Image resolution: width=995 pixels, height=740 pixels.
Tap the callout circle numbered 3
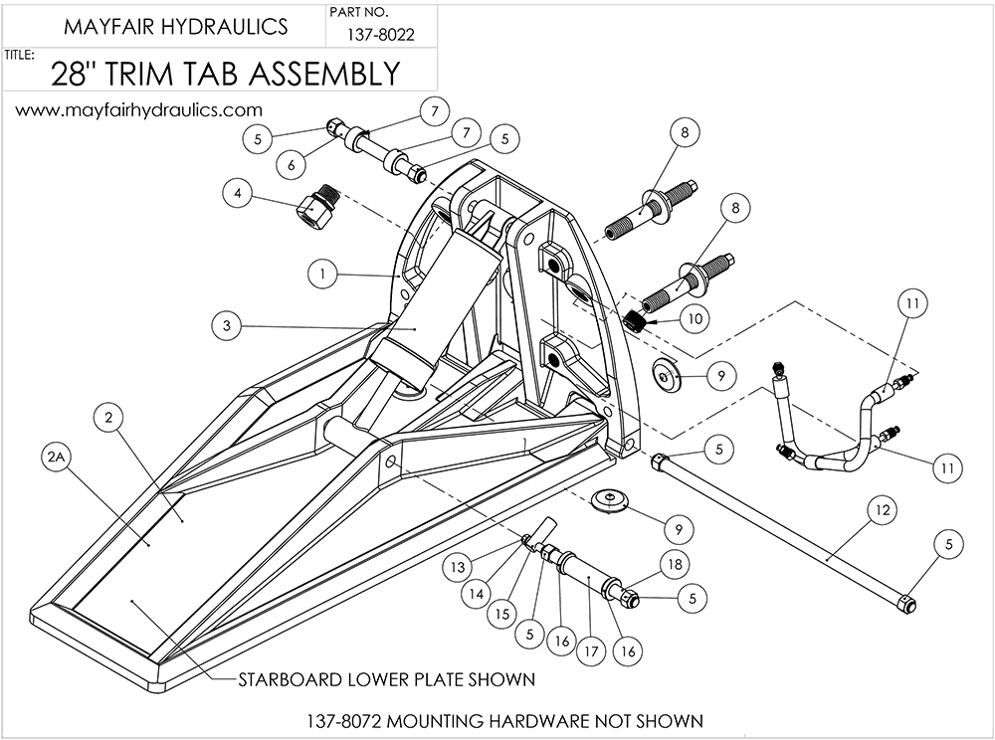228,324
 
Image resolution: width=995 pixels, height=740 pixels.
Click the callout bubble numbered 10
695,317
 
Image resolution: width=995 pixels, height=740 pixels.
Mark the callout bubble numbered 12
880,509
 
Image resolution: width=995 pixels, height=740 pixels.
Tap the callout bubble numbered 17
593,652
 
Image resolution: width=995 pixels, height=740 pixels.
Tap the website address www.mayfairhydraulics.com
138,109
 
